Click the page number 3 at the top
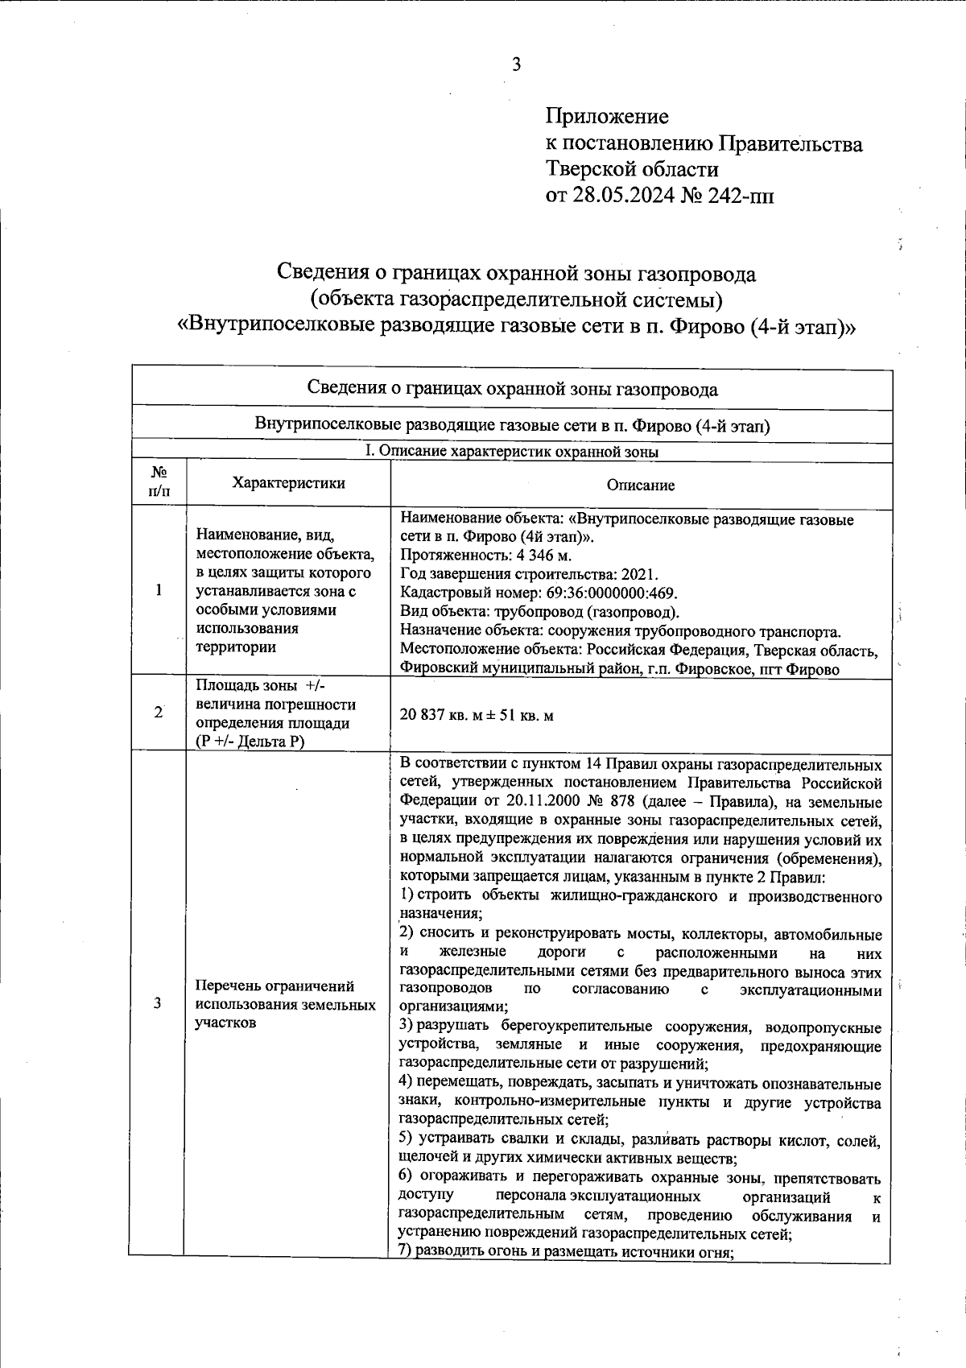coord(516,65)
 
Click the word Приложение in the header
coord(607,117)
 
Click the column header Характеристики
coord(288,483)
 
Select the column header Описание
coord(641,485)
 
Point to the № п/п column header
coord(159,481)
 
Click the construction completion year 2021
coord(641,574)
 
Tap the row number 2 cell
coord(159,713)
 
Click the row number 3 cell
coord(158,1003)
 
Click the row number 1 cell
coord(159,590)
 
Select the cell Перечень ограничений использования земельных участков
coord(285,1004)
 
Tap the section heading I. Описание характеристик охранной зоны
coord(511,452)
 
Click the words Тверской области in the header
coord(633,170)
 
